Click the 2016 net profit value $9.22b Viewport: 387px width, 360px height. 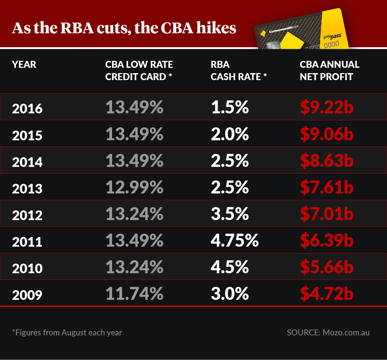pos(326,107)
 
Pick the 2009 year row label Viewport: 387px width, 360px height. pos(27,295)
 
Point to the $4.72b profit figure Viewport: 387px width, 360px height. pos(326,294)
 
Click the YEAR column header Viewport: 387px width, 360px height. pos(24,64)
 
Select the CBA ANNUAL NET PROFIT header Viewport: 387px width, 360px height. pos(329,70)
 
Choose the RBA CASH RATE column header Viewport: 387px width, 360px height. pos(239,70)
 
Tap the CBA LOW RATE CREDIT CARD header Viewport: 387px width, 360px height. pos(139,70)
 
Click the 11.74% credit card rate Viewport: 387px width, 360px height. pos(135,294)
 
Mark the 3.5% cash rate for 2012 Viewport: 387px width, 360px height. pos(230,214)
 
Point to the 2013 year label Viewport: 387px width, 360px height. pos(27,188)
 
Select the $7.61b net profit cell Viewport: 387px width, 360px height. pos(326,187)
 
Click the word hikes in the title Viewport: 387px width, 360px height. pos(216,29)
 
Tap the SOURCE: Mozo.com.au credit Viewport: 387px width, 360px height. pos(328,332)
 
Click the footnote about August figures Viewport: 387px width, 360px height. pos(67,332)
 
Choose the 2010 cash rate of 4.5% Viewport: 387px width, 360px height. pos(230,267)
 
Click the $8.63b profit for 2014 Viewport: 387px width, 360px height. pos(326,161)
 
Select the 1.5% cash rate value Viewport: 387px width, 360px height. pos(230,107)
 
